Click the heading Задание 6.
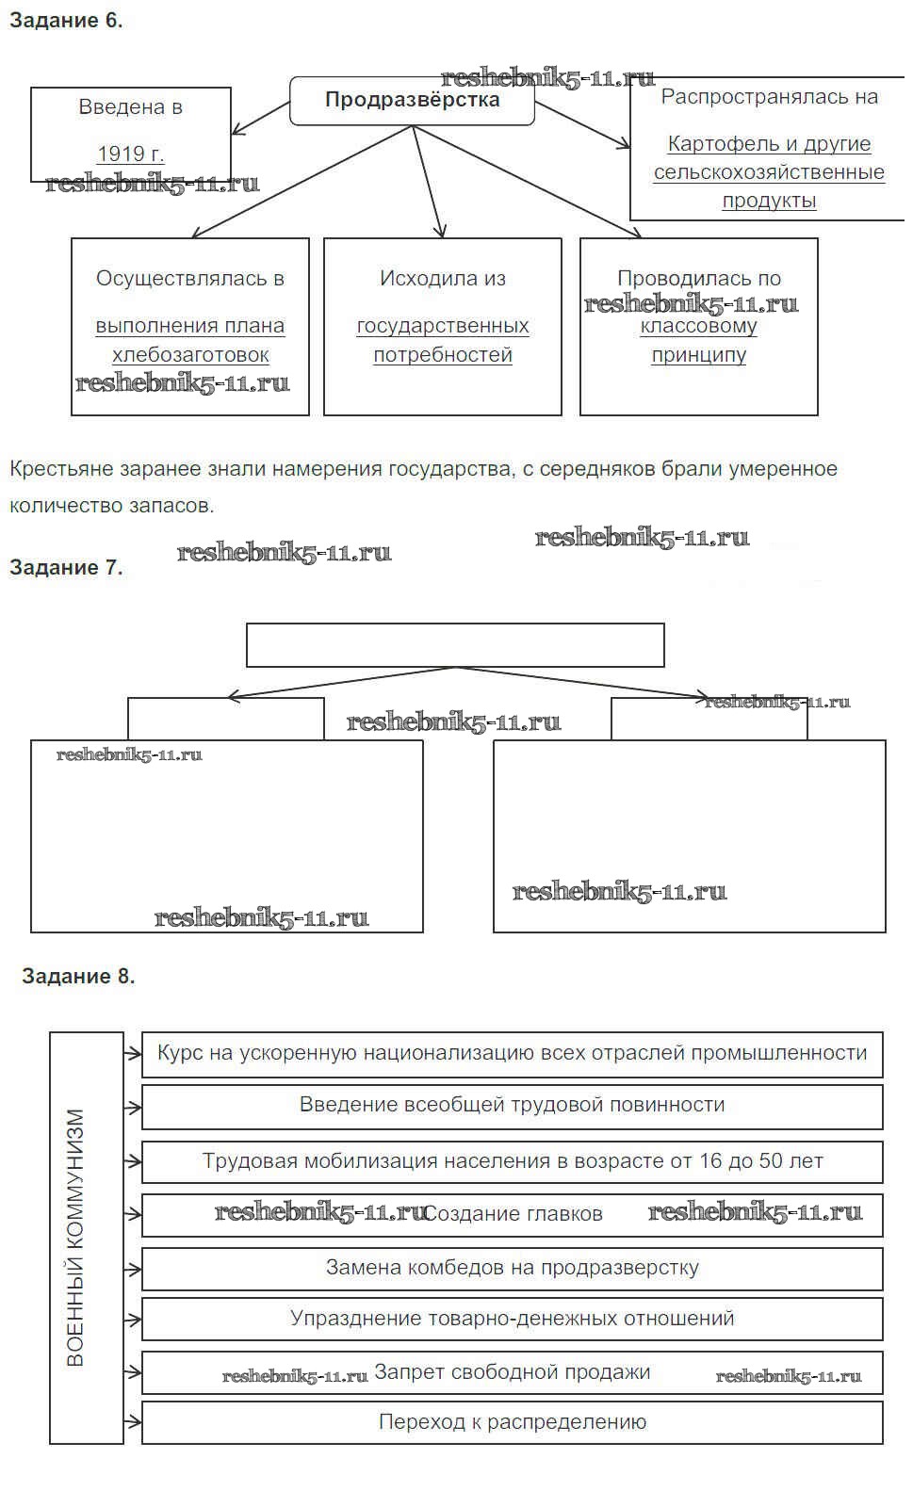click(66, 21)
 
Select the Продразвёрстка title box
click(412, 101)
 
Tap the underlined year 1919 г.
click(130, 154)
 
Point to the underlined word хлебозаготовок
click(190, 355)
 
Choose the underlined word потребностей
click(443, 355)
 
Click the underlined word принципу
click(698, 355)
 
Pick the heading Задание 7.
click(66, 567)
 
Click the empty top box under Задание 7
click(455, 645)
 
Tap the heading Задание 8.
click(78, 976)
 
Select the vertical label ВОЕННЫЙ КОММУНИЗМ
click(76, 1238)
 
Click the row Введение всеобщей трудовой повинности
click(512, 1105)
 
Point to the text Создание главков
click(514, 1214)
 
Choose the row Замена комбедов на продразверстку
click(512, 1268)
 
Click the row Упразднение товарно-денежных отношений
click(512, 1319)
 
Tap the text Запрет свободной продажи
click(512, 1372)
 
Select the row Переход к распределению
click(512, 1422)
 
